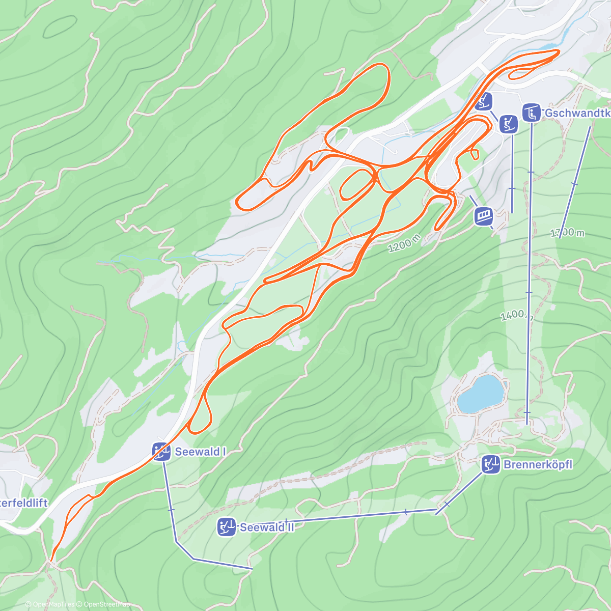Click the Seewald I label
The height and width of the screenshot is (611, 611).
pos(200,452)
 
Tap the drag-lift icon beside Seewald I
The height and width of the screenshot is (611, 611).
pos(161,452)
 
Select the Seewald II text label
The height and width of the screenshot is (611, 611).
pos(267,527)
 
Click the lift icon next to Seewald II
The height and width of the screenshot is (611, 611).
pos(226,527)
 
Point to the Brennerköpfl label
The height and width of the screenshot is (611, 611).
pos(538,464)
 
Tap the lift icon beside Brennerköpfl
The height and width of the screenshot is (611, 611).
pos(491,464)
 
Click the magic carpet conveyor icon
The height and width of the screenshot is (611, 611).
pos(484,216)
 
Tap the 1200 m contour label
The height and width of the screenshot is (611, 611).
pos(404,243)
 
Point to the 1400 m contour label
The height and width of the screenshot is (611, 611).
pos(516,316)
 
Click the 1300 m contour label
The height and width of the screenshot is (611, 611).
pos(567,233)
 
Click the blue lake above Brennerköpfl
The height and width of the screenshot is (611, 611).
pos(481,394)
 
